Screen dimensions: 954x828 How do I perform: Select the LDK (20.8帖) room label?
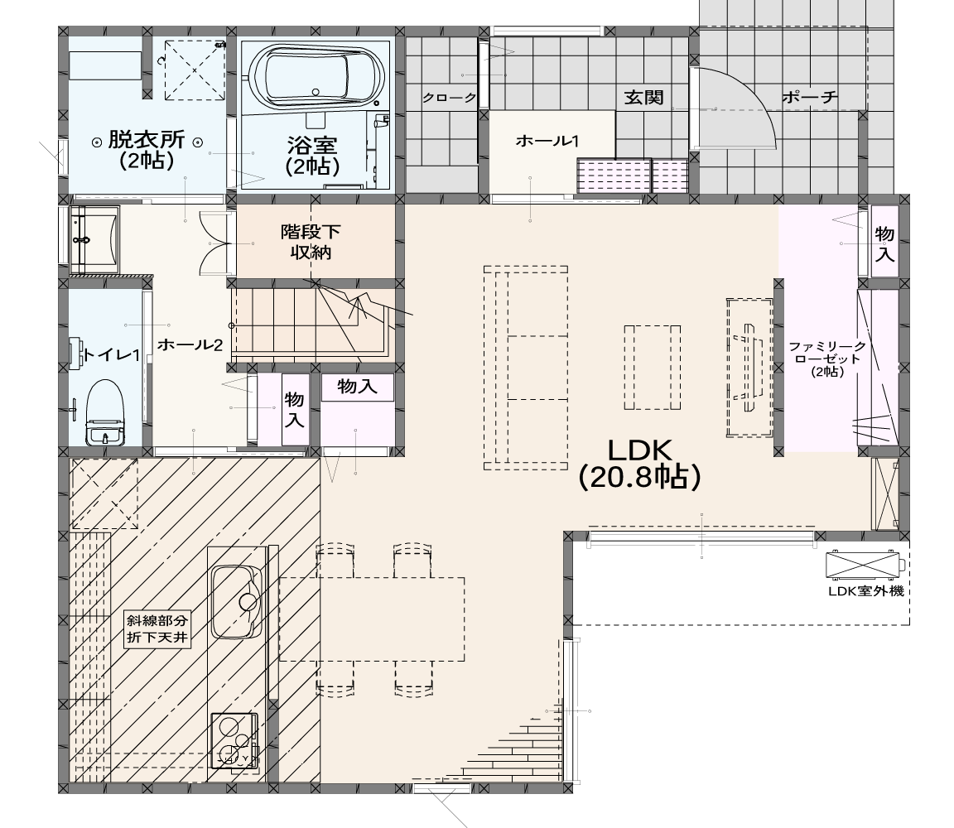[x=639, y=464]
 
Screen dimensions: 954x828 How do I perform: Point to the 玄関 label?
[x=643, y=98]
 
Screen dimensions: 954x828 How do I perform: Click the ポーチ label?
[x=810, y=98]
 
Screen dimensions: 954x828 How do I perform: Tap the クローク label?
[x=449, y=98]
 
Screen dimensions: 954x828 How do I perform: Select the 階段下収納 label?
[x=311, y=242]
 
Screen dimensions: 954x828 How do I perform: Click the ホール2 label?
[x=190, y=345]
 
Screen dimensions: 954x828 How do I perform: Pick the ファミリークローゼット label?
[x=827, y=359]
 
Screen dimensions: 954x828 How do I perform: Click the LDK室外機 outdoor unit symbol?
[x=862, y=565]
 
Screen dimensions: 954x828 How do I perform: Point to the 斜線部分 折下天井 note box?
[x=157, y=629]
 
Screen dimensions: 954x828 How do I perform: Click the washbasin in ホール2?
[x=95, y=239]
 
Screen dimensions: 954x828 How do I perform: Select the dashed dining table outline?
[x=372, y=619]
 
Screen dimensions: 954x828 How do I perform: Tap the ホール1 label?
[x=547, y=141]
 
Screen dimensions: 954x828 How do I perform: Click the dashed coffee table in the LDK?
[x=652, y=368]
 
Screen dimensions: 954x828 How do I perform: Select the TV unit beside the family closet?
[x=749, y=367]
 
